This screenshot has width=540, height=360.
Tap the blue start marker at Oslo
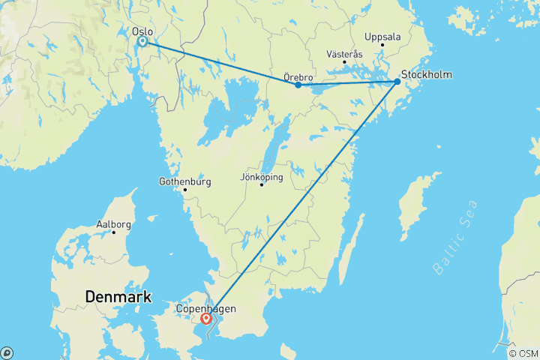click(142, 42)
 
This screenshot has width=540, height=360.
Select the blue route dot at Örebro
click(298, 85)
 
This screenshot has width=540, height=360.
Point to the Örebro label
click(298, 76)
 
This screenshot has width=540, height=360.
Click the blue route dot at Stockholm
click(397, 82)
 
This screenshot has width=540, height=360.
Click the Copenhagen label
click(205, 308)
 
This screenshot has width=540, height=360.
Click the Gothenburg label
click(185, 181)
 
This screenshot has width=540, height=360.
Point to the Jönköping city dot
click(262, 184)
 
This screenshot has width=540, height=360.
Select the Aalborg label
click(114, 224)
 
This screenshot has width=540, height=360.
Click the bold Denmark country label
click(118, 296)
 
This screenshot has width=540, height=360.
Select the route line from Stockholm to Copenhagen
click(300, 201)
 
